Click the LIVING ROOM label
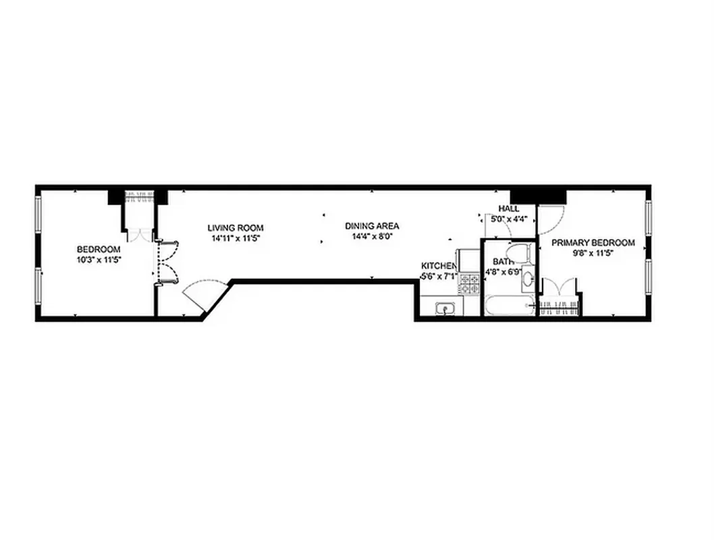236,228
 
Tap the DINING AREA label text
372,226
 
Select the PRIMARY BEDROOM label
593,243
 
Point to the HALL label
509,209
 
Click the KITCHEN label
438,266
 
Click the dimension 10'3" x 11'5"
99,259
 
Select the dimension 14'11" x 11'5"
235,238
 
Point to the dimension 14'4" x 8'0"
372,237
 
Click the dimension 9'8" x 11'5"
593,254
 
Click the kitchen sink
445,309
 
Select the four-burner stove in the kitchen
469,284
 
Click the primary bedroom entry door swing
549,216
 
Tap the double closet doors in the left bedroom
165,263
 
